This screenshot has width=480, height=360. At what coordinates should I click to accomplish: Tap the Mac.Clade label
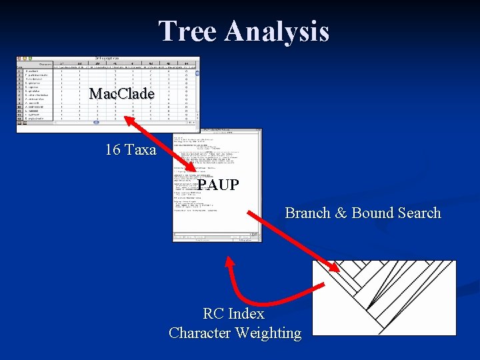pyautogui.click(x=121, y=94)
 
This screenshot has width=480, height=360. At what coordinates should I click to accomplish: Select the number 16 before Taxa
pyautogui.click(x=112, y=150)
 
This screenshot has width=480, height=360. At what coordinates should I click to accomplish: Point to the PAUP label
pyautogui.click(x=218, y=185)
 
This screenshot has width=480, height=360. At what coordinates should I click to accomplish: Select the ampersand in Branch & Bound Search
pyautogui.click(x=341, y=213)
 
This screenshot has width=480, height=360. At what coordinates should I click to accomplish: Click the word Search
pyautogui.click(x=417, y=213)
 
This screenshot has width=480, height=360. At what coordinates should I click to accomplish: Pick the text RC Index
pyautogui.click(x=233, y=313)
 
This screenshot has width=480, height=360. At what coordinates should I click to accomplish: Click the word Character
pyautogui.click(x=198, y=333)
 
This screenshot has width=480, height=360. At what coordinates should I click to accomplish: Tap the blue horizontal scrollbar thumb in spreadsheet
pyautogui.click(x=96, y=123)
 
